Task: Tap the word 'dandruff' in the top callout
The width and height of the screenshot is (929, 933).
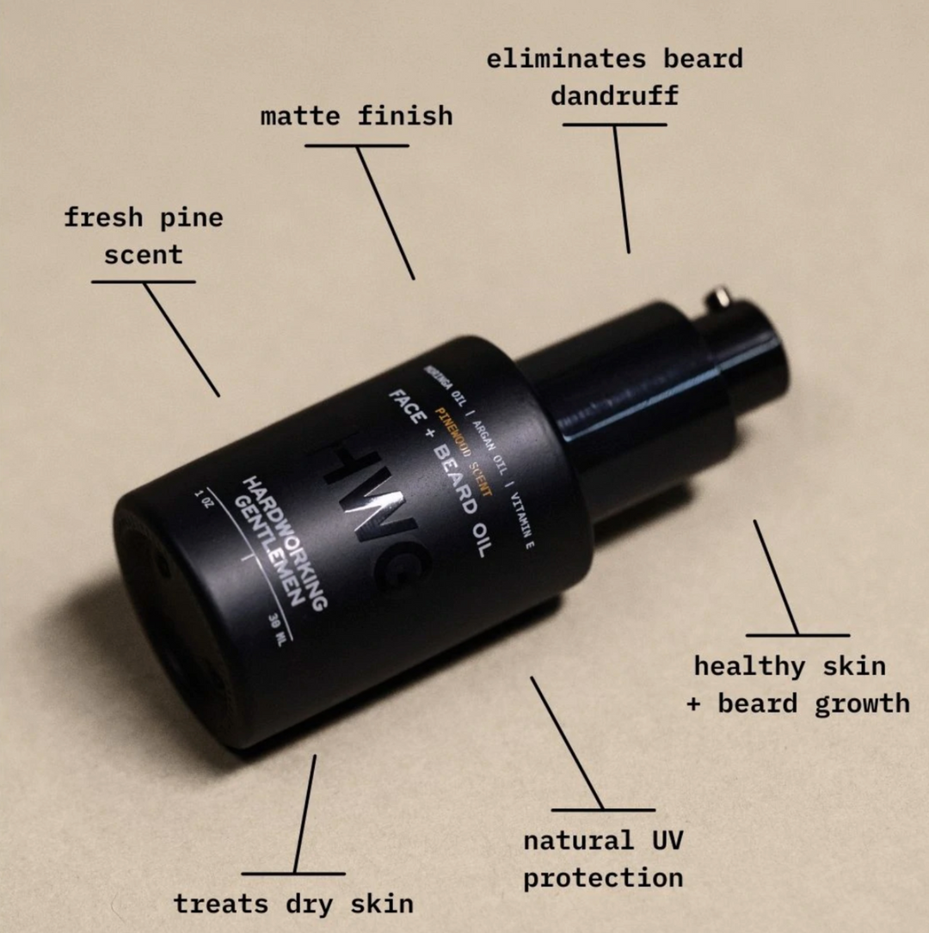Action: tap(614, 95)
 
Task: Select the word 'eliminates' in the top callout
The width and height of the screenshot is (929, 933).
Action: tap(565, 59)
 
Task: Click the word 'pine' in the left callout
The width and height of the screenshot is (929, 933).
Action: tap(191, 218)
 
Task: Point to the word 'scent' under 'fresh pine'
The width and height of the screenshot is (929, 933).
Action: tap(144, 255)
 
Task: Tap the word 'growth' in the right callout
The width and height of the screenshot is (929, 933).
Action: tap(861, 703)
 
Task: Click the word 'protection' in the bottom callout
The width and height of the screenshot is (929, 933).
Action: tap(603, 878)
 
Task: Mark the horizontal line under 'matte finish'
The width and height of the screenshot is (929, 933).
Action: tap(356, 145)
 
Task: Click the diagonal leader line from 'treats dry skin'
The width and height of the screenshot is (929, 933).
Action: tap(305, 813)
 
